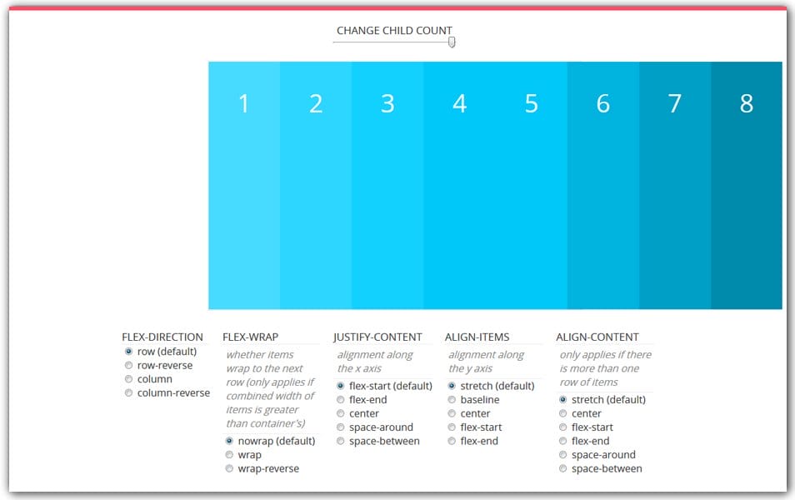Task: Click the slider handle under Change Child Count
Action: (x=452, y=42)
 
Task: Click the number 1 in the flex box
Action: (x=243, y=103)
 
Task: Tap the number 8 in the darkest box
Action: (x=746, y=103)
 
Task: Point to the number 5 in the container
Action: (x=532, y=103)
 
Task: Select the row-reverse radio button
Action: (x=128, y=365)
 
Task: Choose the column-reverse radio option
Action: (x=128, y=392)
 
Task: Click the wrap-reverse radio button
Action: (x=229, y=468)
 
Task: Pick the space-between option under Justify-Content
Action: (x=340, y=441)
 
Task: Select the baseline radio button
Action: (x=452, y=399)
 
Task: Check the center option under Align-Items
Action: (x=452, y=413)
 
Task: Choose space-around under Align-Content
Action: (x=562, y=454)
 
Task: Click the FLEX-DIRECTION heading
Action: (x=162, y=337)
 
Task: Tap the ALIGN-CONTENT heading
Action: (x=597, y=337)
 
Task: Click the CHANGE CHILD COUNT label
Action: (x=394, y=30)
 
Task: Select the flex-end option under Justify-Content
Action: (x=340, y=399)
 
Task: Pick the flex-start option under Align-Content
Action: (x=562, y=427)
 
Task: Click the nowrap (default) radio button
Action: (x=229, y=441)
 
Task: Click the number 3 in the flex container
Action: (x=387, y=103)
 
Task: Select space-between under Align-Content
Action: (x=562, y=468)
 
